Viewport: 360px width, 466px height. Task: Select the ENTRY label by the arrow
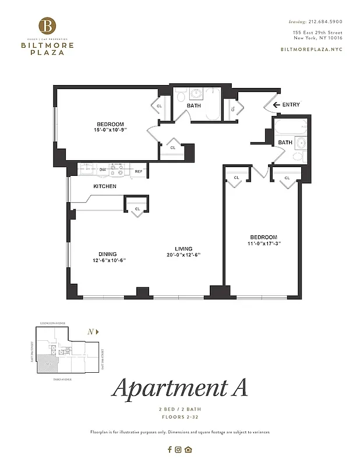291,105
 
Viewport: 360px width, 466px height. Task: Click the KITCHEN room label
105,186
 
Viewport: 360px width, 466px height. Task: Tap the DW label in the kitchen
102,170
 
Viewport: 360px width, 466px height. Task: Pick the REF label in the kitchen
139,171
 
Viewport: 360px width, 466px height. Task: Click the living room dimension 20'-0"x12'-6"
183,255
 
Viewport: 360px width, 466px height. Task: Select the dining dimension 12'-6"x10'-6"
108,260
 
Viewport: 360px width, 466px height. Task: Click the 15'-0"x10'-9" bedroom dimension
111,130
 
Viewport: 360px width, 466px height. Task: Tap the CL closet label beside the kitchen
137,209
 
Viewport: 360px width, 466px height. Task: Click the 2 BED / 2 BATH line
180,410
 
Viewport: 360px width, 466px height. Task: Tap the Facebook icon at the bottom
170,449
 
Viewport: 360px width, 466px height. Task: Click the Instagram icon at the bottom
179,449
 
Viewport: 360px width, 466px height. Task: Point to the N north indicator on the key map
91,331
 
